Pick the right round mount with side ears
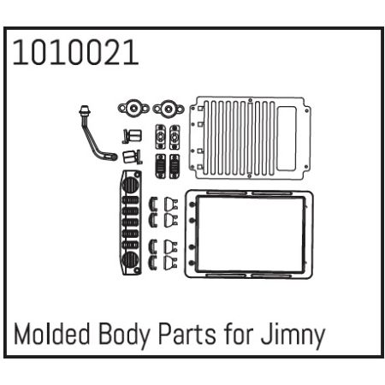pos(168,110)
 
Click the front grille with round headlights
pos(131,222)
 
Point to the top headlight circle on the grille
pos(131,183)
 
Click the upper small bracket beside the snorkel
pos(130,135)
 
